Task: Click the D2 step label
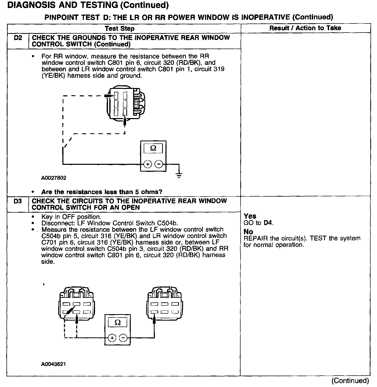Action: [18, 38]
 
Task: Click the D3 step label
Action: [18, 201]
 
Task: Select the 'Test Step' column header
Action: [120, 28]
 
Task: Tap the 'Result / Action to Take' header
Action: [305, 28]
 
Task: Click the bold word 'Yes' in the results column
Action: [250, 216]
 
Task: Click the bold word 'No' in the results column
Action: [248, 232]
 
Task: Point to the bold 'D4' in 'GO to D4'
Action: [268, 223]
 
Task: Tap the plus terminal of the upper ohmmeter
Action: [148, 164]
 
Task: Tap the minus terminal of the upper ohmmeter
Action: [159, 164]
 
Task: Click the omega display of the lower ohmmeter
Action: [118, 323]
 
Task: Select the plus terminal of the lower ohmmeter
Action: [112, 338]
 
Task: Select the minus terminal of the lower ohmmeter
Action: [123, 338]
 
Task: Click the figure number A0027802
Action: [54, 178]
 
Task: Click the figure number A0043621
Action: [53, 364]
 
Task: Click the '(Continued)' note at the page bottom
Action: [350, 381]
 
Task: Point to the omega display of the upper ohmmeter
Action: [153, 149]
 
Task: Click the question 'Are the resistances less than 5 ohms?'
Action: [102, 192]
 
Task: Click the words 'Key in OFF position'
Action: [71, 217]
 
